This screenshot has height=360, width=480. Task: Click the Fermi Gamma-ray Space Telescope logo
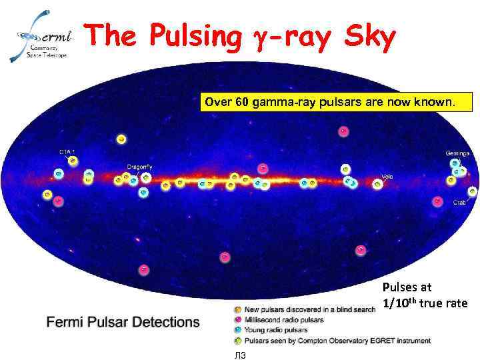pos(41,36)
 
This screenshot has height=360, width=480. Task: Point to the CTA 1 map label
pos(67,152)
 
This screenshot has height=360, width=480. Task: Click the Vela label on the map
pos(387,177)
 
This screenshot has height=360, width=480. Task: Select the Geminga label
pos(457,153)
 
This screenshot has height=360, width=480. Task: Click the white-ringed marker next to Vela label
pos(377,185)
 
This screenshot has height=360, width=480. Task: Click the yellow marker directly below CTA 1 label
pos(73,161)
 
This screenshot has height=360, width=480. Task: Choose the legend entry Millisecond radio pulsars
pos(284,320)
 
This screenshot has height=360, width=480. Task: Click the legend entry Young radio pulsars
pos(276,330)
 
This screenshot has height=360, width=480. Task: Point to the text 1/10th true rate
pos(425,303)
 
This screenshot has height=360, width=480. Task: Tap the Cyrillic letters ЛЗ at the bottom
pos(241,355)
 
